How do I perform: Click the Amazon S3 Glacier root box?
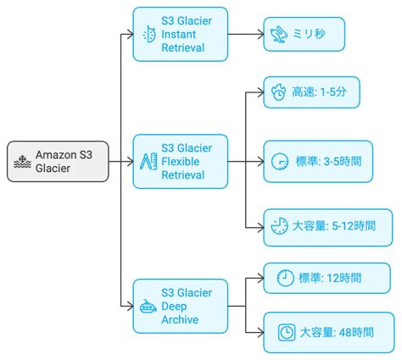coord(59,161)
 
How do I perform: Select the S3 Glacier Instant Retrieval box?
coord(180,35)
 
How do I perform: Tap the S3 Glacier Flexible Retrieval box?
coord(180,161)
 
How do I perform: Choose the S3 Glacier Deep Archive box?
coord(180,305)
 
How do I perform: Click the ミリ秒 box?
coord(304,35)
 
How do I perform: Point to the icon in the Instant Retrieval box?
coord(148,35)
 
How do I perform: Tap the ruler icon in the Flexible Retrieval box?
coord(148,161)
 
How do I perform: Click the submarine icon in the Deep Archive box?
coord(148,306)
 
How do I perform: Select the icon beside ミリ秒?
coord(278,35)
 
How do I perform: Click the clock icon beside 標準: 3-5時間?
coord(278,161)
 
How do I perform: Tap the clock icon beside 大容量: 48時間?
coord(286,333)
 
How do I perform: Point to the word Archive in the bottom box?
coord(180,320)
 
